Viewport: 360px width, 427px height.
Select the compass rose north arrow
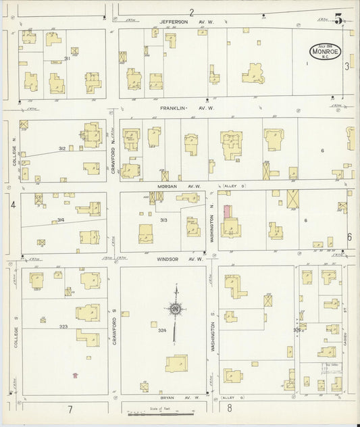[x=176, y=310]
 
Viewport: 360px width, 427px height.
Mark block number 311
[x=68, y=58]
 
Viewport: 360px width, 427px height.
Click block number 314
[x=60, y=220]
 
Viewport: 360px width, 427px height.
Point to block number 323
[x=63, y=326]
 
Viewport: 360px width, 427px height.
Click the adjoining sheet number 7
[x=69, y=409]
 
